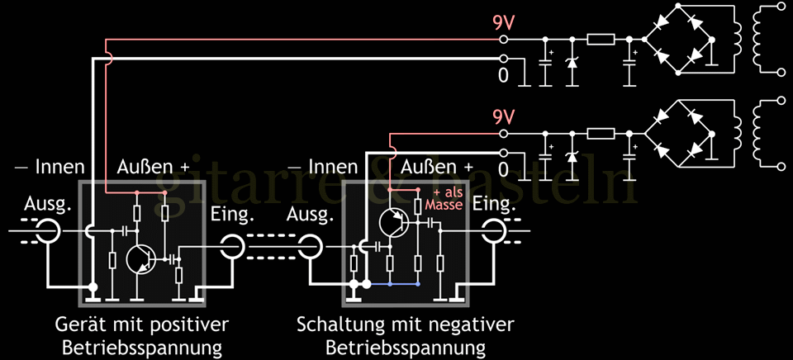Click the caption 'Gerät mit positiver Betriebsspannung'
[x=142, y=334]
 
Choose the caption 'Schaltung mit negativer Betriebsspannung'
[x=406, y=334]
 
